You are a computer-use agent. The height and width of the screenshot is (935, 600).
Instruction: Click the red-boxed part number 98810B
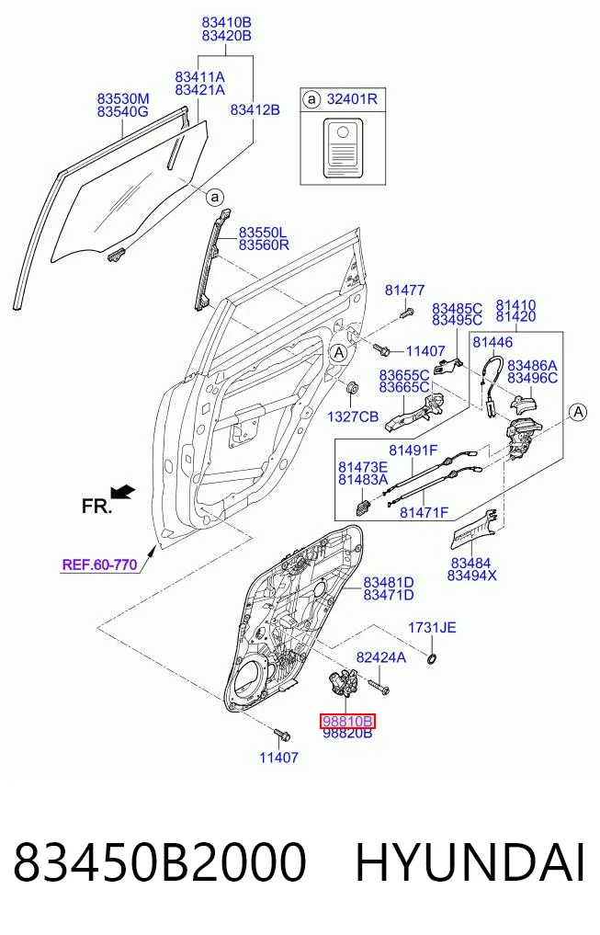(x=347, y=722)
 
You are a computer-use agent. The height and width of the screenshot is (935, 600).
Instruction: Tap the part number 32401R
(x=352, y=99)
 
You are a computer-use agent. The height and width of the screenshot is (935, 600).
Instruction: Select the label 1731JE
(x=432, y=627)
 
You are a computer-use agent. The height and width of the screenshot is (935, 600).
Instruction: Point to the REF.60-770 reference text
(x=99, y=564)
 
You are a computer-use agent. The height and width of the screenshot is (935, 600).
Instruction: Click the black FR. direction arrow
(x=123, y=493)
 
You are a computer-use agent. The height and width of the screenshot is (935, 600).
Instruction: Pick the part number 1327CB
(x=353, y=416)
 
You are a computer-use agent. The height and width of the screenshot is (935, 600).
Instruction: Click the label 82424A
(x=380, y=657)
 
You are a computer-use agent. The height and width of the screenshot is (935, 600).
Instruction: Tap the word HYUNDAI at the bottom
(x=470, y=862)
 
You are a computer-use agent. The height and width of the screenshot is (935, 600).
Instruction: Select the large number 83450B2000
(x=160, y=862)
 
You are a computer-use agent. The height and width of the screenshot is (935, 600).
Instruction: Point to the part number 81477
(x=404, y=291)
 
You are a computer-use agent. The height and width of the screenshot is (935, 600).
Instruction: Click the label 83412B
(x=255, y=109)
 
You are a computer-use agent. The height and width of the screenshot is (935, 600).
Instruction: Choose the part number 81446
(x=492, y=342)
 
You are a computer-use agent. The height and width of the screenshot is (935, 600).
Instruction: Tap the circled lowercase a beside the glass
(x=215, y=197)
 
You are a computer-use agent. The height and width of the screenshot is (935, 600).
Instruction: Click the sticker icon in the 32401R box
(x=343, y=148)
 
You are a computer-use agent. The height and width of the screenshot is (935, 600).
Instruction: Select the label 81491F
(x=413, y=450)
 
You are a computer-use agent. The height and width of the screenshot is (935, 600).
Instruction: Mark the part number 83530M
(x=123, y=98)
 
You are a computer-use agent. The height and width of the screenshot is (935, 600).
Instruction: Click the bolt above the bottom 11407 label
(x=279, y=734)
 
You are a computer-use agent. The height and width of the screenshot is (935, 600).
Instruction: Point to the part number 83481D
(x=389, y=582)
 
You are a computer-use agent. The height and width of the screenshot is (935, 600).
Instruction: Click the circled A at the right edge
(x=577, y=412)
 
